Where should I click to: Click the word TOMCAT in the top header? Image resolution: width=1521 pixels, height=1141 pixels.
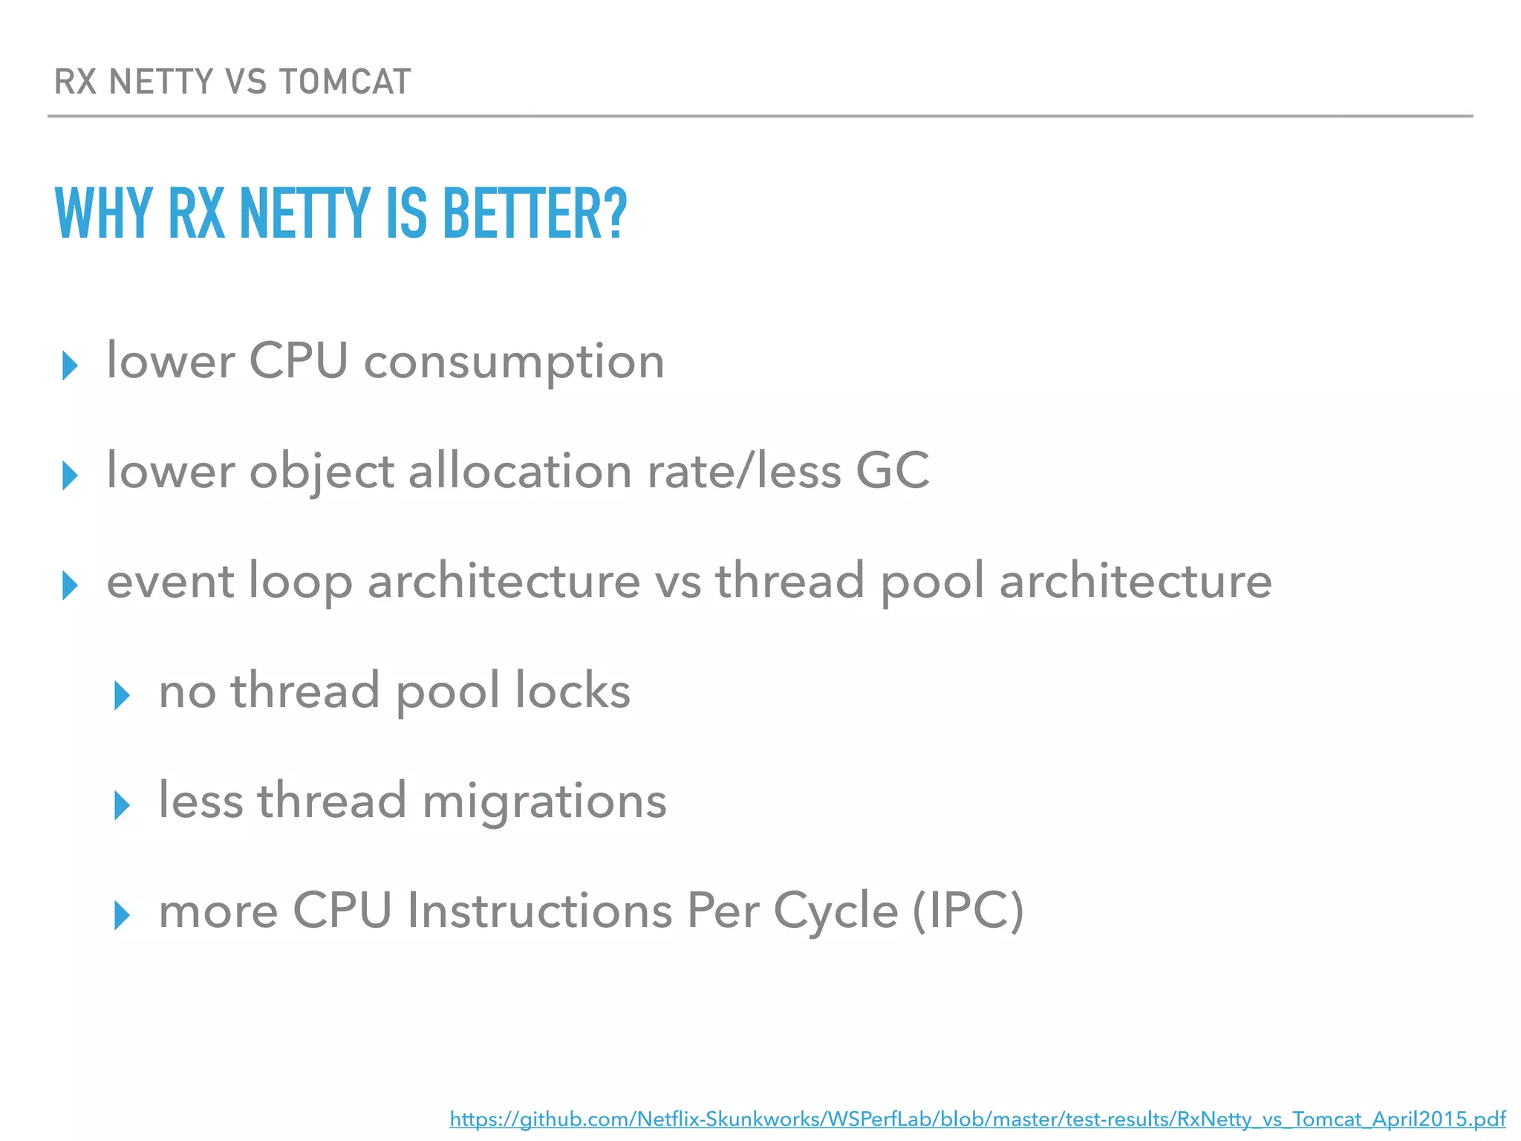click(x=345, y=82)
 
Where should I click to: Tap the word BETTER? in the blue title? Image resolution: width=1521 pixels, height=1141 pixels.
click(x=535, y=214)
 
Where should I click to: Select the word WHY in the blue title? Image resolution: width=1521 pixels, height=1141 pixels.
click(x=104, y=214)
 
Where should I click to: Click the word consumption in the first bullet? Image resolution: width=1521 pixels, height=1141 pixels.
click(x=514, y=363)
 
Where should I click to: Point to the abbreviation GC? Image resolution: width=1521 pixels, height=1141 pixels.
click(x=892, y=471)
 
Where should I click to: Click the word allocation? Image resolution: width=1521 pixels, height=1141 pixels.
click(x=520, y=471)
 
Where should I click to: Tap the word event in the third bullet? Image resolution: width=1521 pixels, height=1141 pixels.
click(x=170, y=581)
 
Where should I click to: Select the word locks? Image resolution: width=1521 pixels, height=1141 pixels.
click(x=573, y=691)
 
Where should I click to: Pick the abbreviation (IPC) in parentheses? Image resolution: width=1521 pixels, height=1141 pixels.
click(x=968, y=911)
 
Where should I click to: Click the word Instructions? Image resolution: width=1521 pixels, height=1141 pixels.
click(x=538, y=911)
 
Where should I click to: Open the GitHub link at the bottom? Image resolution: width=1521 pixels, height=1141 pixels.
click(x=977, y=1119)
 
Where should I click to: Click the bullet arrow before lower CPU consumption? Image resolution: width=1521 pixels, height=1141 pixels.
click(x=71, y=365)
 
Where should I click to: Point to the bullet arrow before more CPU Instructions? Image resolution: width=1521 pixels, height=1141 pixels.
click(x=123, y=915)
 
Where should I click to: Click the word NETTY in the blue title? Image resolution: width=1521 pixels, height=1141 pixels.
click(x=304, y=214)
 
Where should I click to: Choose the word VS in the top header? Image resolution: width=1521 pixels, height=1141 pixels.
click(x=245, y=82)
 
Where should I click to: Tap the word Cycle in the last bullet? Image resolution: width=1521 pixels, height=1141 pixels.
click(x=835, y=911)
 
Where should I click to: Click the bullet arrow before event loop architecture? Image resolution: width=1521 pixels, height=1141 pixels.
click(x=71, y=585)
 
